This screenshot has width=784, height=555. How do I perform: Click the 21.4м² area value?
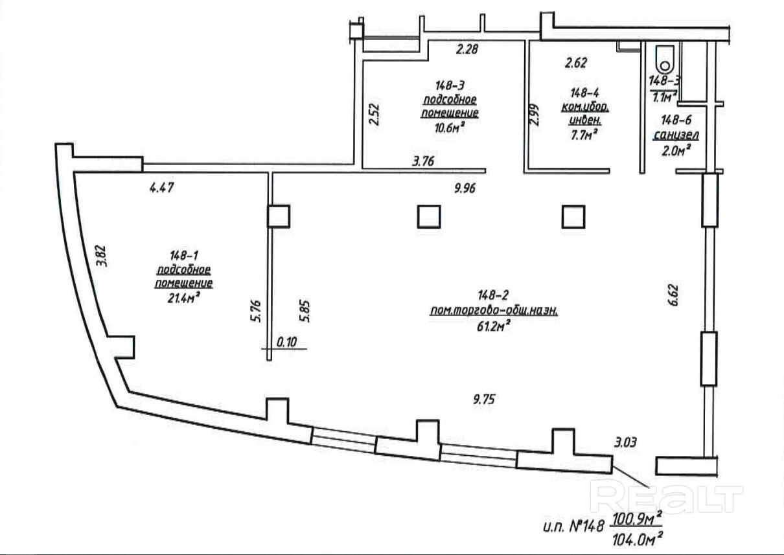coord(183,298)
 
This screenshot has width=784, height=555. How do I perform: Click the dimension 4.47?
coord(163,188)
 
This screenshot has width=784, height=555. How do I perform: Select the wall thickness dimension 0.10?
coord(285,343)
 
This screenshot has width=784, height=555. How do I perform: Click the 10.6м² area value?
coord(450,128)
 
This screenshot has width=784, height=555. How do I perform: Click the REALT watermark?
coord(668,498)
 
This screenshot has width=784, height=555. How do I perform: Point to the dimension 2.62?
coord(575,63)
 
